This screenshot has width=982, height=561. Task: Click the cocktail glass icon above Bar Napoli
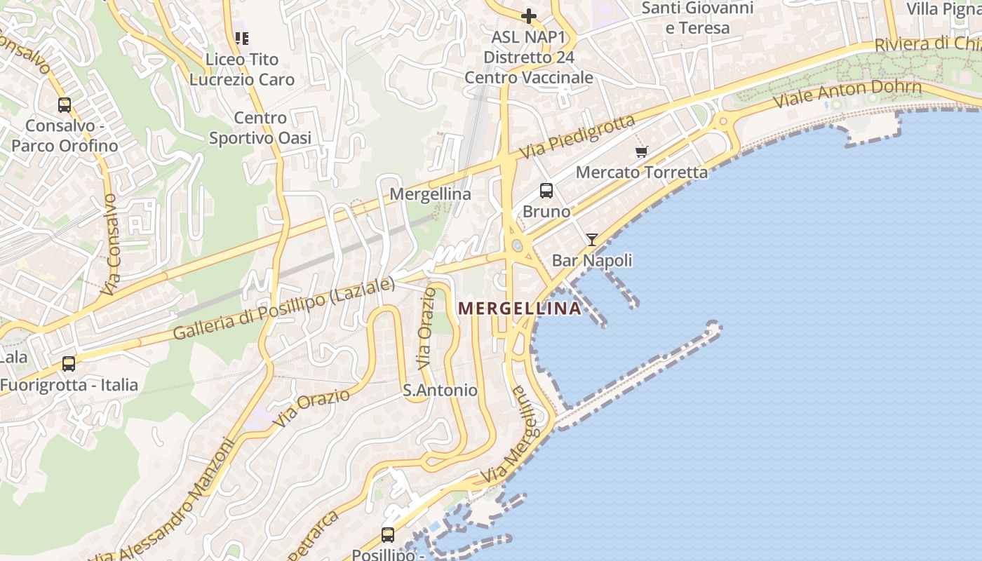pos(592,240)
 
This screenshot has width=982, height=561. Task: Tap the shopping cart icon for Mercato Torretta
pos(641,151)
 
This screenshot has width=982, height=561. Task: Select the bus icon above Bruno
pos(546,190)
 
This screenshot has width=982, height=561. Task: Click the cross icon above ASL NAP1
pos(529,15)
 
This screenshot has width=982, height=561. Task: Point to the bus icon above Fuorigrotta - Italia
pos(69,364)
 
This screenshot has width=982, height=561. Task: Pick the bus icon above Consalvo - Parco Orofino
pos(65,105)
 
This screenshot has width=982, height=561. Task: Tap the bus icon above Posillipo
pos(388,534)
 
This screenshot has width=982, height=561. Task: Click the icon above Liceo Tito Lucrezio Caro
pos(242,39)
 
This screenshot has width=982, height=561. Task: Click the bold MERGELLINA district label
pos(520,309)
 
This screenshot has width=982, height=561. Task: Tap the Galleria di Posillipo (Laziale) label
pos(284,309)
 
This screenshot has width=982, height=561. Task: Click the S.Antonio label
pos(440,391)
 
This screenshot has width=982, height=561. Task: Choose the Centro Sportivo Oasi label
pos(260,128)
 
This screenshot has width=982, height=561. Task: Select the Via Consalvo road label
pos(110,243)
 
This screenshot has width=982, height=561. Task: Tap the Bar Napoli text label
pos(592,261)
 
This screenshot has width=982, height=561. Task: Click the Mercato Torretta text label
pos(642,172)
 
